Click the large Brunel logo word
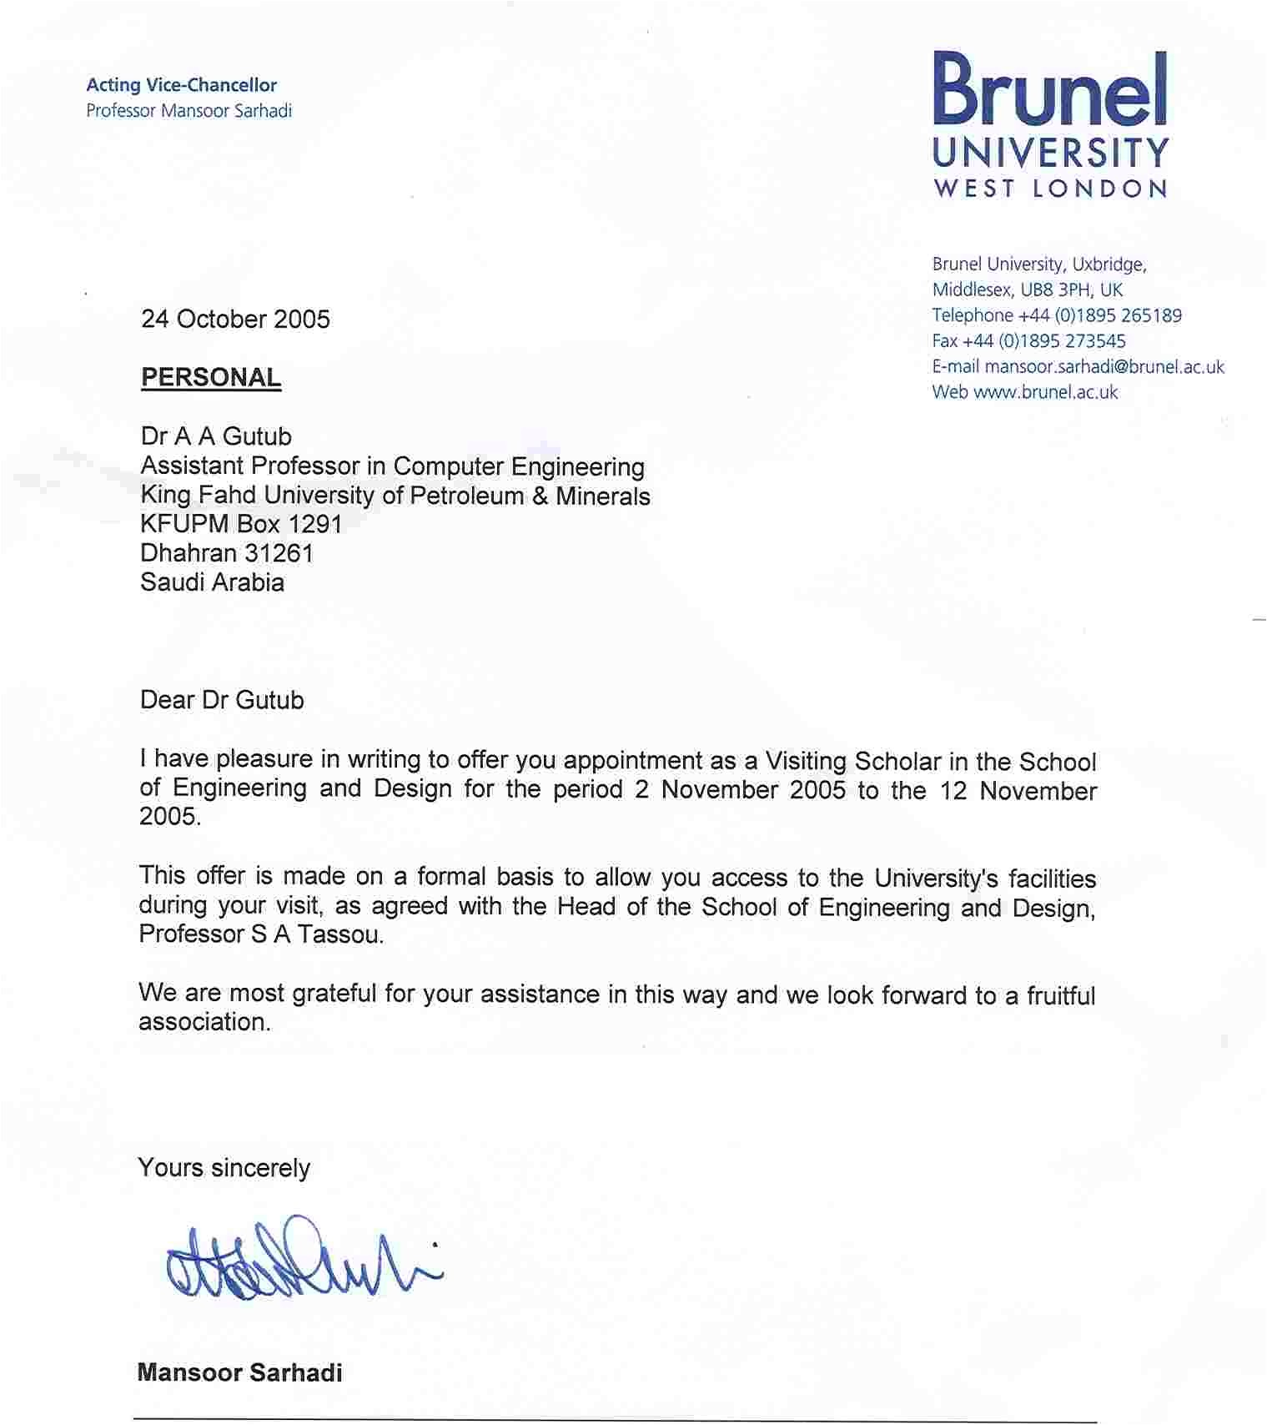[1049, 89]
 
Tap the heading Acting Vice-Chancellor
[181, 85]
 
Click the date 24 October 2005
[235, 320]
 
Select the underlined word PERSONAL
[210, 378]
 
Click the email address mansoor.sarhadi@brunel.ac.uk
[1104, 367]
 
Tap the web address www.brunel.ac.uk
[1045, 392]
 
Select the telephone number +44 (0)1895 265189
[1099, 315]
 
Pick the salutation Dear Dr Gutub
[222, 700]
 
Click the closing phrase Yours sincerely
[224, 1168]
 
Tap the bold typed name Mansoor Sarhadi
[239, 1373]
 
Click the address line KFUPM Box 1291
[241, 524]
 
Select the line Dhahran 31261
[226, 553]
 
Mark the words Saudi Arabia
[212, 582]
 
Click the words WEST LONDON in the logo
[1050, 189]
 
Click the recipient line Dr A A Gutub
[216, 436]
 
